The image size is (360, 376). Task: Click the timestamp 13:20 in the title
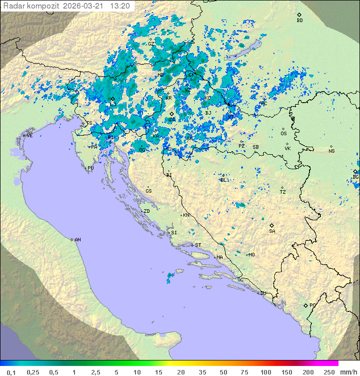(120, 6)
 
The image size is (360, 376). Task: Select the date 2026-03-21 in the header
(85, 6)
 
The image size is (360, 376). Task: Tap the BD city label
(299, 21)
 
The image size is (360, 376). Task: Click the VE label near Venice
(29, 136)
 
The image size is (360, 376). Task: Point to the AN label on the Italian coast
(77, 240)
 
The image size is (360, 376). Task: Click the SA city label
(272, 231)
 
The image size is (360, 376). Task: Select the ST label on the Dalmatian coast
(198, 245)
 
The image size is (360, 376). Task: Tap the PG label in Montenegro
(312, 305)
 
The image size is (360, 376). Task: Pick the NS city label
(331, 151)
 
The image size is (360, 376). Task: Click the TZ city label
(283, 192)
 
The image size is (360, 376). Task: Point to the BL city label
(223, 180)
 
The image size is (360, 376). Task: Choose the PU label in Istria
(90, 169)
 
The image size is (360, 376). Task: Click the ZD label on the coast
(146, 211)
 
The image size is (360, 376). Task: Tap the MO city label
(251, 254)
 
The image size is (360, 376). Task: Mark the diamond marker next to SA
(272, 225)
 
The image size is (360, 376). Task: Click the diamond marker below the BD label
(299, 15)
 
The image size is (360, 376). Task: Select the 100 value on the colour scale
(265, 372)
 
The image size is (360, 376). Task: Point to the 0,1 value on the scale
(11, 372)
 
